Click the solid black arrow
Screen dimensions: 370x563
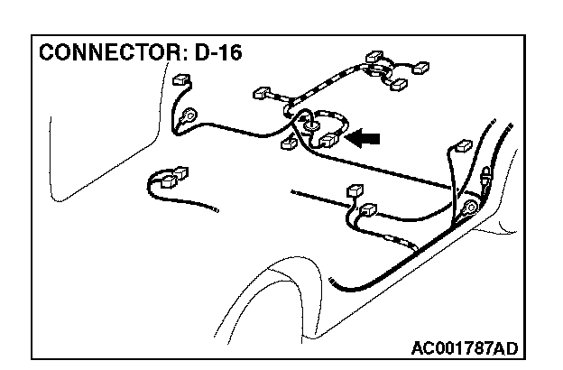coord(365,138)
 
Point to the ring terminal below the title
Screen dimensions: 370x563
coord(190,116)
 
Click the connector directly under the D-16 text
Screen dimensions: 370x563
coord(179,79)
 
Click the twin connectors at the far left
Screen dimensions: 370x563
coord(171,176)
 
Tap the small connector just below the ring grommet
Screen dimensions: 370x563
coord(290,143)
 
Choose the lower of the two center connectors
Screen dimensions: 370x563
coord(367,213)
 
